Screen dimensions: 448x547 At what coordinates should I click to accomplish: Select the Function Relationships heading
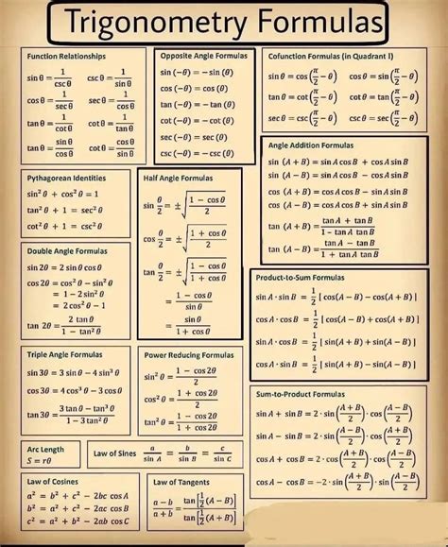click(x=66, y=57)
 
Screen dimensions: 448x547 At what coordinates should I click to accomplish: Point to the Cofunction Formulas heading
click(x=333, y=57)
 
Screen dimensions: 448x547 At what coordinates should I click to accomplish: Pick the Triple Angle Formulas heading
click(x=63, y=355)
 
